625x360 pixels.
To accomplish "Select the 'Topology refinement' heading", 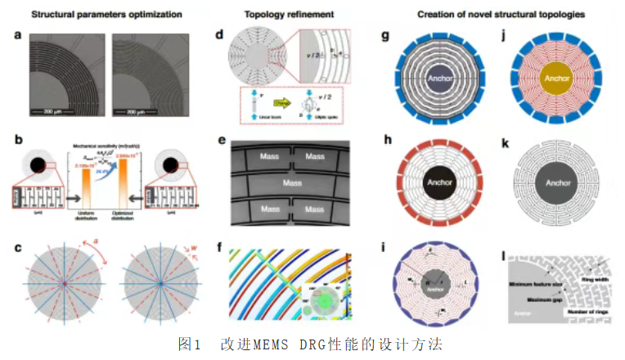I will [278, 15].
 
